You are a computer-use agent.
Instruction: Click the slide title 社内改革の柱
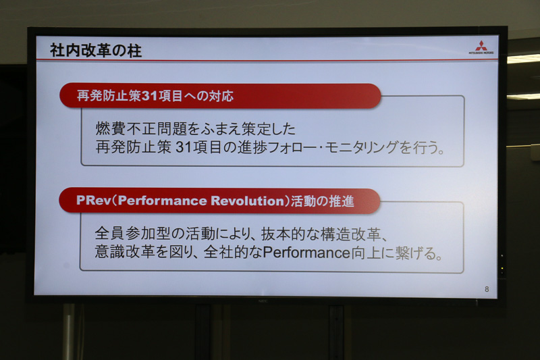[x=96, y=51]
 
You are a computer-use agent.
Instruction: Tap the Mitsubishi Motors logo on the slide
[x=481, y=47]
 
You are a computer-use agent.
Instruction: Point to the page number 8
[x=487, y=289]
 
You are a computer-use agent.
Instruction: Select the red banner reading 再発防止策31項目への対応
[x=219, y=96]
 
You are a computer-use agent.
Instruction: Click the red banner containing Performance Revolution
[x=219, y=201]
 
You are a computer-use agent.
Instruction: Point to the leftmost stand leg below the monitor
[x=69, y=331]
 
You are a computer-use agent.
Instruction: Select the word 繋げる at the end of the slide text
[x=414, y=253]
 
